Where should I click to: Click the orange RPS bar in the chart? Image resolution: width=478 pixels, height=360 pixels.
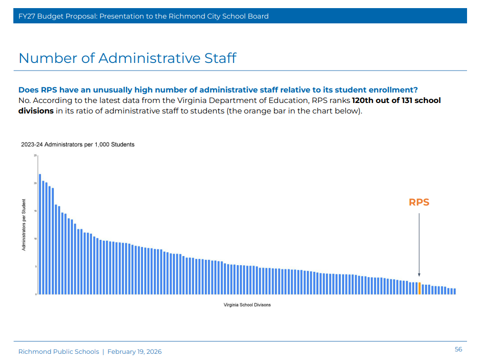(419, 288)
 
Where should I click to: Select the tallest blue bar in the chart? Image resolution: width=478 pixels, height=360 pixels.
(40, 234)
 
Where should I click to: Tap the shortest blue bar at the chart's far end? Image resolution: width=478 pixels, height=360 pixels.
(455, 291)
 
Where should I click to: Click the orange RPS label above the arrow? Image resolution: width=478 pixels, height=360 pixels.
(419, 202)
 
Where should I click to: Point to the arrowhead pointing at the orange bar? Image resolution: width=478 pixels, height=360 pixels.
(419, 275)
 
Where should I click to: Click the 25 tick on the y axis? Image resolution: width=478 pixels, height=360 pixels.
(35, 155)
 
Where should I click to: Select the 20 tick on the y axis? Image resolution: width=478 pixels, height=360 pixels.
(35, 183)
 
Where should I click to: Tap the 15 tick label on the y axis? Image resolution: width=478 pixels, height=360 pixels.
(35, 211)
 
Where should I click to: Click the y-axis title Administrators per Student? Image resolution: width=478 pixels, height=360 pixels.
(24, 225)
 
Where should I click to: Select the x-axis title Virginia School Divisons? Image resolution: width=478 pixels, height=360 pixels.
(247, 305)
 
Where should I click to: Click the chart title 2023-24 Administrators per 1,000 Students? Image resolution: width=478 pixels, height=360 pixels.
(78, 144)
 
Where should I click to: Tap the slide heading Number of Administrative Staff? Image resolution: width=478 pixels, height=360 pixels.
(127, 58)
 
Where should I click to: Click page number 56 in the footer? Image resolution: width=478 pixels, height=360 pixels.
(458, 350)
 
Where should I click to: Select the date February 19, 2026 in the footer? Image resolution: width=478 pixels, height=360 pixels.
(134, 352)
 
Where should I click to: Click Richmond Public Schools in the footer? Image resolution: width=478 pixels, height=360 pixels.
(59, 352)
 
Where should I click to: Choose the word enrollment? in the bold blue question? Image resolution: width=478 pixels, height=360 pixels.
(387, 90)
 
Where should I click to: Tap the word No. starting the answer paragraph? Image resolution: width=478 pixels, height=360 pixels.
(24, 101)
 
